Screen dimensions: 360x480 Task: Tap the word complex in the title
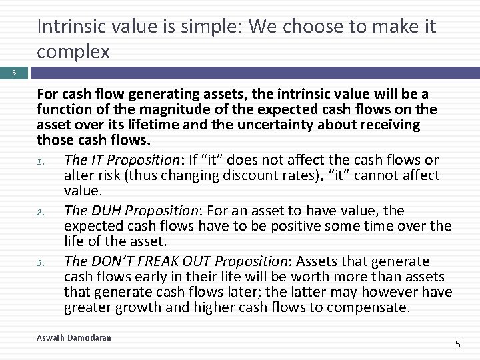coord(73,53)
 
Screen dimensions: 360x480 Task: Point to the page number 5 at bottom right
coord(457,344)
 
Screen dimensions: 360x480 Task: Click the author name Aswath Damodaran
coord(74,338)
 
